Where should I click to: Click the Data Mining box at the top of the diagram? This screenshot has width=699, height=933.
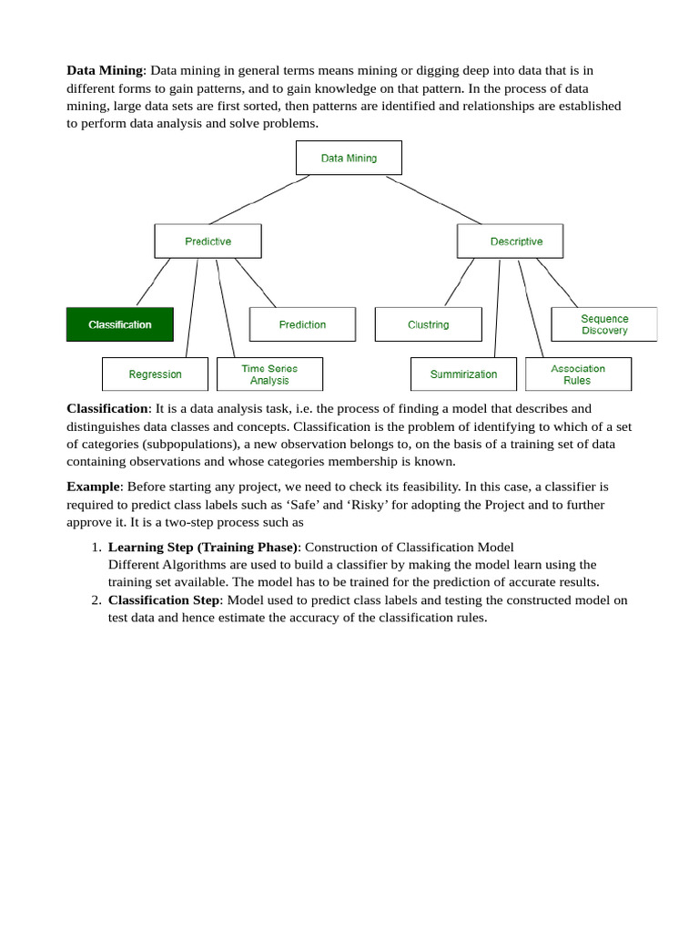click(x=349, y=158)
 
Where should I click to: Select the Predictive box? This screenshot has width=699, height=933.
click(x=208, y=241)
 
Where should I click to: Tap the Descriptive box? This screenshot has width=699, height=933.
click(x=510, y=241)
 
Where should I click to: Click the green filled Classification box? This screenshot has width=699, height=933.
click(x=119, y=324)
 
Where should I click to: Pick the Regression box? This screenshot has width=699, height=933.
click(x=155, y=374)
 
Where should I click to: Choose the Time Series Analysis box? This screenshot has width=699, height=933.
click(x=269, y=374)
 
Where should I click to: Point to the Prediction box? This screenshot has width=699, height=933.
click(x=302, y=324)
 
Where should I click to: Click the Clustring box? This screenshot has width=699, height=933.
click(x=428, y=324)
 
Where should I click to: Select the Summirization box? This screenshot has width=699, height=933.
click(x=463, y=374)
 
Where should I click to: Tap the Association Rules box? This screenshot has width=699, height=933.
click(x=578, y=374)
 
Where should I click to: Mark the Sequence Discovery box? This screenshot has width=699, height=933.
click(x=604, y=324)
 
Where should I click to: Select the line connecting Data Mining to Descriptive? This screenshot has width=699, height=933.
click(x=433, y=200)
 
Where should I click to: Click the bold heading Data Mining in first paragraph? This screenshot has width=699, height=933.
click(x=105, y=70)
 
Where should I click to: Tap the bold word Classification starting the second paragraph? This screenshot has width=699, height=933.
click(x=106, y=408)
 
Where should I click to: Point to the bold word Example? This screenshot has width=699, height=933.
click(x=93, y=487)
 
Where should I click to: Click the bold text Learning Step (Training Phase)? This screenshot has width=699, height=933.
click(x=203, y=547)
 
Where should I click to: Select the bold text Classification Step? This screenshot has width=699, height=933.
click(x=164, y=600)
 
